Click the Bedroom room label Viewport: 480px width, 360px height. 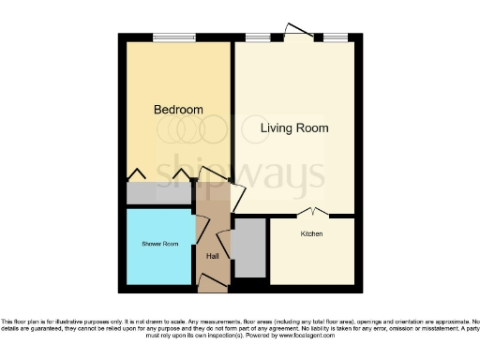(178, 110)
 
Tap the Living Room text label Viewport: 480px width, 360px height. (294, 127)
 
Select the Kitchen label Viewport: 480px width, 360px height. (311, 233)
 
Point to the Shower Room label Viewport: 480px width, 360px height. (159, 244)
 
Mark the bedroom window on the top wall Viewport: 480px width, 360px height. (174, 37)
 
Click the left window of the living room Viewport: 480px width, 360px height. (258, 37)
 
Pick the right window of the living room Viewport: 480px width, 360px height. (335, 37)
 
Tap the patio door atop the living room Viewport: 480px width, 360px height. (300, 32)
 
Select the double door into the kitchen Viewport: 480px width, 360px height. (312, 213)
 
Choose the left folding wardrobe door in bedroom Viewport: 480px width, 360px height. (137, 173)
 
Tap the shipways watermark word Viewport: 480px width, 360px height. (239, 172)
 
